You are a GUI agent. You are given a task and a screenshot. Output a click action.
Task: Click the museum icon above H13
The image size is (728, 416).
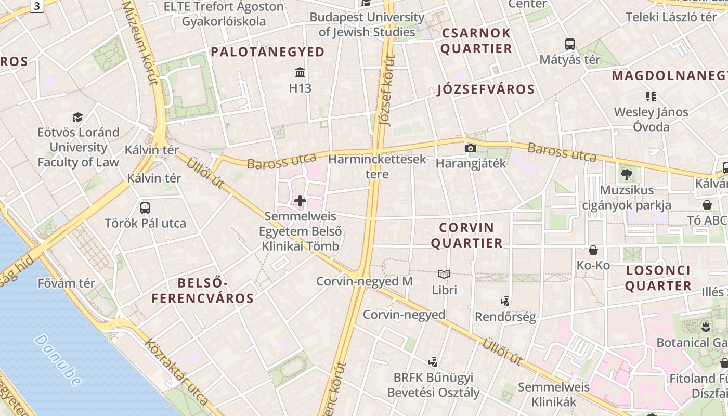(x=300, y=72)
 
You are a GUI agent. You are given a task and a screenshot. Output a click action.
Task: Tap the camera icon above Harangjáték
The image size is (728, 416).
(x=470, y=149)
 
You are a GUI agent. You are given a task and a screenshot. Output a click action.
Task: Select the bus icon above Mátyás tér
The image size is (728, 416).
(x=570, y=44)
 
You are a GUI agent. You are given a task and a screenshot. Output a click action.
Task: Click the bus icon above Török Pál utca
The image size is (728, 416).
(x=145, y=208)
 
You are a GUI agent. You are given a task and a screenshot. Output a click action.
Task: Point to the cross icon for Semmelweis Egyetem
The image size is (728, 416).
(x=300, y=200)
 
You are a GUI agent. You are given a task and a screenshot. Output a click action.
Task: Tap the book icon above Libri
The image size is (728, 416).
(x=444, y=274)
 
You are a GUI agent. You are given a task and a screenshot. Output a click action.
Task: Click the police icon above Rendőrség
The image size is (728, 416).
(x=504, y=301)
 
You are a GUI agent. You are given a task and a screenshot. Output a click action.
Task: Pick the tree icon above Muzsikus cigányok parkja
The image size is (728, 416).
(x=626, y=175)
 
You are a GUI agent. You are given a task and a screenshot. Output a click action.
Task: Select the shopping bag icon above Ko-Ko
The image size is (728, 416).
(x=593, y=250)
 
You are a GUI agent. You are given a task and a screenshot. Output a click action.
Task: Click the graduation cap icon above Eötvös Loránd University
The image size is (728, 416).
(x=78, y=117)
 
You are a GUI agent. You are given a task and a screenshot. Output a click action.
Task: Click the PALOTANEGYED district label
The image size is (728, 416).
(x=268, y=51)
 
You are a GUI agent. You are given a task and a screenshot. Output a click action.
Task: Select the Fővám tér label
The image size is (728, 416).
(x=67, y=283)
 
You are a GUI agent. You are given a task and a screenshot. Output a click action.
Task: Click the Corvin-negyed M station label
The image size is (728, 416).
(x=365, y=281)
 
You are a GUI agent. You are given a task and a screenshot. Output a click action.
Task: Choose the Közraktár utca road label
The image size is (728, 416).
(x=176, y=371)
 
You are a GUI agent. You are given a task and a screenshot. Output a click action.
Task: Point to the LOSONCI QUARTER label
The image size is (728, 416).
(x=658, y=278)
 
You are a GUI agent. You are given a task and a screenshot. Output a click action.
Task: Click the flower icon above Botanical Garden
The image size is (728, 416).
(x=706, y=327)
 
